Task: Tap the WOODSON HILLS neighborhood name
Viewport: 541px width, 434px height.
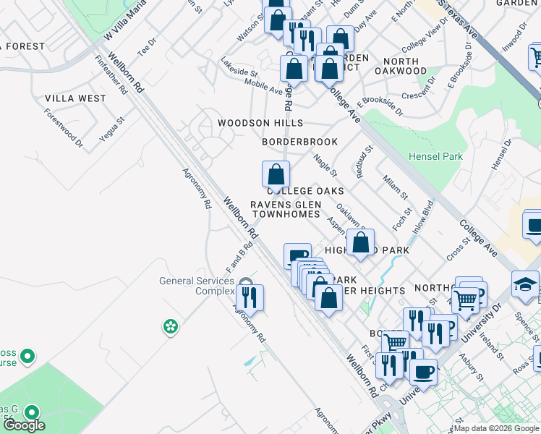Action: point(261,124)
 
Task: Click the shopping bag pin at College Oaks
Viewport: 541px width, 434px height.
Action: point(276,174)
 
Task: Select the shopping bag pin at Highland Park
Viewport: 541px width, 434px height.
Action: point(361,242)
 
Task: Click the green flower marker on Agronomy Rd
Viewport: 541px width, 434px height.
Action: point(170,327)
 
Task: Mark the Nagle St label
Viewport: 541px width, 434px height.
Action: point(324,165)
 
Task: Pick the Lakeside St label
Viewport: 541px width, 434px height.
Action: point(239,68)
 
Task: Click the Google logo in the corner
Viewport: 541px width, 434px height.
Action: point(24,425)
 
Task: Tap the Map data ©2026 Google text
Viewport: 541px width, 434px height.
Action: point(496,428)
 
